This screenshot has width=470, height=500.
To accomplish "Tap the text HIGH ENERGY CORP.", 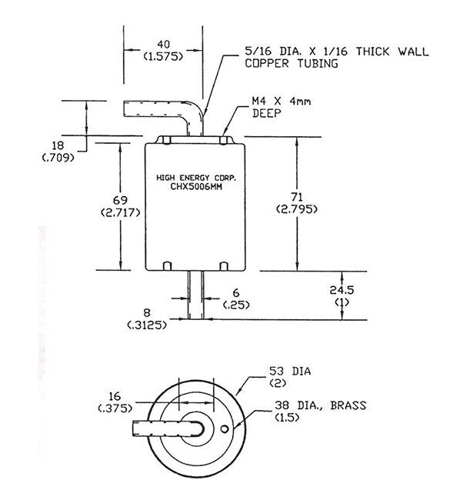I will (195, 176).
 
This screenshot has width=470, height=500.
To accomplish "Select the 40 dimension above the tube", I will (162, 45).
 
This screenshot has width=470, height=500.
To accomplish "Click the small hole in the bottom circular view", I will (223, 428).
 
